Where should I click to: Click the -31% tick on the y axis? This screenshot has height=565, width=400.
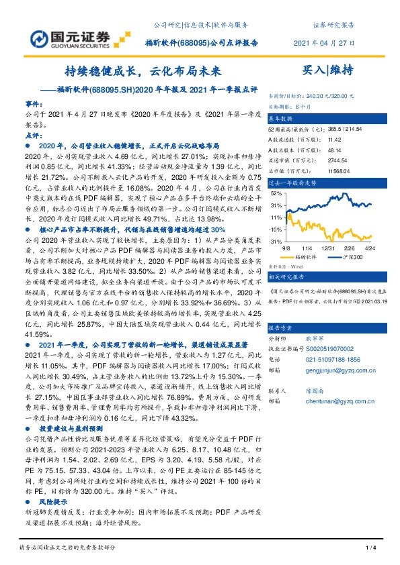click(274, 241)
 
